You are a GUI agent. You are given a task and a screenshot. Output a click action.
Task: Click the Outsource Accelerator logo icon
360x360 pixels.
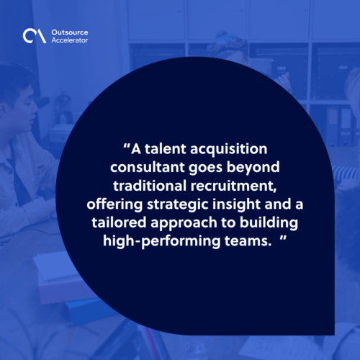pos(31,35)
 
